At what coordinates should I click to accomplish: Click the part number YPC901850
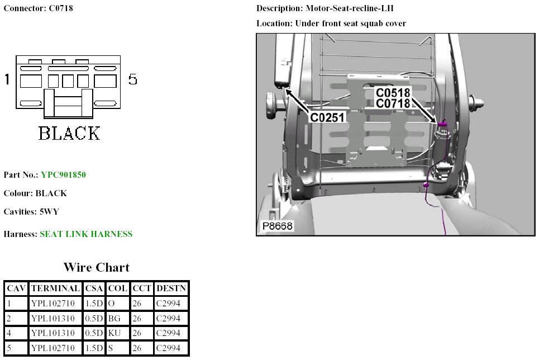coord(63,175)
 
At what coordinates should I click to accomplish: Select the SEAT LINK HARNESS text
coord(86,234)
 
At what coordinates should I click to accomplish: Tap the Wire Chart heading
coord(96,267)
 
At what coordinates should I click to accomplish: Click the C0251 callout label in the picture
coord(328,117)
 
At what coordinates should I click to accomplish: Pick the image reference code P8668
coord(278,226)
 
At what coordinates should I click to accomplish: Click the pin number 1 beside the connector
coord(7,79)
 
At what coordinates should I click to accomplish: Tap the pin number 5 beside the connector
coord(132,79)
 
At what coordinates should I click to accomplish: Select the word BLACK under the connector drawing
coord(69,133)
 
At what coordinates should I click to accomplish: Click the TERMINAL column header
coord(55,288)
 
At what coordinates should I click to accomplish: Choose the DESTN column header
coord(171,288)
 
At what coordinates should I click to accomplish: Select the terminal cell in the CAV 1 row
coord(55,304)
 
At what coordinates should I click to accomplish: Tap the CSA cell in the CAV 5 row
coord(94,349)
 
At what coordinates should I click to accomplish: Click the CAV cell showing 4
coord(16,334)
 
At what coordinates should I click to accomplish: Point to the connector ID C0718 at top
coord(58,8)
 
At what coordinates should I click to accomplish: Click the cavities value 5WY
coord(49,212)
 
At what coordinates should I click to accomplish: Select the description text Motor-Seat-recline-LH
coord(353,8)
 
